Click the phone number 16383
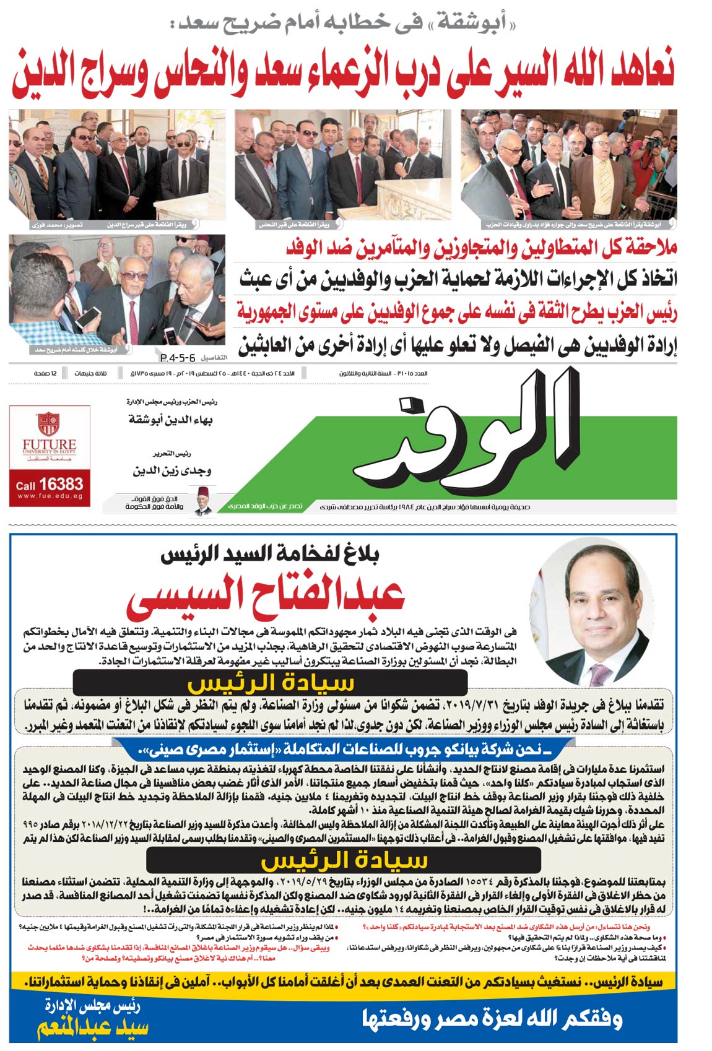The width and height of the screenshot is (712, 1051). pos(61,484)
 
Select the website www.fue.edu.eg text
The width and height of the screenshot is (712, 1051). pos(50,496)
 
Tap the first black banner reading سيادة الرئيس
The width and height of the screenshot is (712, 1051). pos(270,683)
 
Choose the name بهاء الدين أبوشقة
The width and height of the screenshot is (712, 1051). pos(171,420)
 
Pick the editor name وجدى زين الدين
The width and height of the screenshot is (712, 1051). pos(171,470)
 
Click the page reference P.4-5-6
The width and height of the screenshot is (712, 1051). pos(177,358)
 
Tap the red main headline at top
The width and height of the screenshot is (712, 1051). pos(342,72)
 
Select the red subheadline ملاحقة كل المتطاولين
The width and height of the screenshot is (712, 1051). pos(481,248)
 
